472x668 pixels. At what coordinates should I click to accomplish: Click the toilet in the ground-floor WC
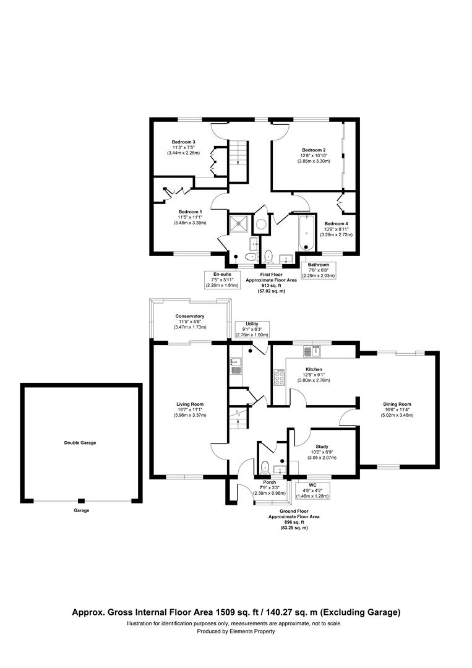265,466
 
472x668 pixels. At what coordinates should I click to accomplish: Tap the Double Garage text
80,443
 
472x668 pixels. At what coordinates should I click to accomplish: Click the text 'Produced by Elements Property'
236,632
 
